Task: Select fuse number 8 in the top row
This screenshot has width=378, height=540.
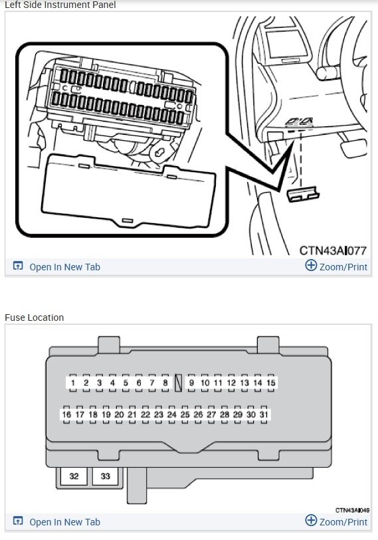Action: [x=165, y=383]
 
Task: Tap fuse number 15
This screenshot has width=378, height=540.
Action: [x=270, y=383]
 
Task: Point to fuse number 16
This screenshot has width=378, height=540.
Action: [x=66, y=414]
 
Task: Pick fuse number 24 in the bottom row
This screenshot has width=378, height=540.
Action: [x=171, y=414]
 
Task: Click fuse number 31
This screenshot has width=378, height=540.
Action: [x=264, y=414]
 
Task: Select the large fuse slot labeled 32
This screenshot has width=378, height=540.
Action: [x=74, y=476]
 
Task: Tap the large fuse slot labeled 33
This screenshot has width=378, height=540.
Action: [x=105, y=476]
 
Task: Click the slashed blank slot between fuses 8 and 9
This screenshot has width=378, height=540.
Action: [x=178, y=383]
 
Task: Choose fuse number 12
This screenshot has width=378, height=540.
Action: [x=231, y=383]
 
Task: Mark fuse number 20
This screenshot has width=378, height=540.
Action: [x=119, y=414]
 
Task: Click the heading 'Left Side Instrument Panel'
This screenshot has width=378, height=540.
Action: [x=60, y=5]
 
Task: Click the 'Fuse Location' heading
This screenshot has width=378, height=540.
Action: [x=35, y=317]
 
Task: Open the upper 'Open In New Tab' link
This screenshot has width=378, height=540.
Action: [x=64, y=267]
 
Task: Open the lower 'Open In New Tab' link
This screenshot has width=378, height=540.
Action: [x=64, y=522]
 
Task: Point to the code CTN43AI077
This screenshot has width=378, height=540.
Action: [x=333, y=250]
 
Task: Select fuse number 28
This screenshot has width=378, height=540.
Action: [x=225, y=414]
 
